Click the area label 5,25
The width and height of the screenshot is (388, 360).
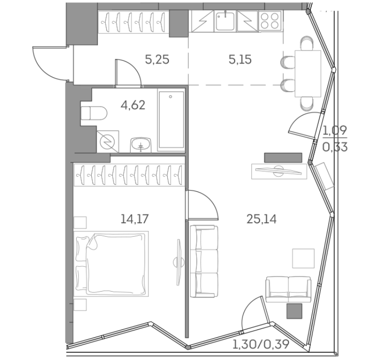[x=157, y=60]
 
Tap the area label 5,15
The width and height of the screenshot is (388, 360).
[x=240, y=60]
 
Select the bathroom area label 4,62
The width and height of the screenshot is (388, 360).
[x=133, y=105]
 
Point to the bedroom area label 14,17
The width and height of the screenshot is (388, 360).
[x=135, y=219]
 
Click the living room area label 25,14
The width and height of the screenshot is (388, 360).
[x=261, y=219]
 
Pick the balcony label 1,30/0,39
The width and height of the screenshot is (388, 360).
[x=261, y=344]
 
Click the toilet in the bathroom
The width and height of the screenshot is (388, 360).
[x=94, y=114]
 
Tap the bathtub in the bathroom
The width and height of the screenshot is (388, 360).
[x=171, y=120]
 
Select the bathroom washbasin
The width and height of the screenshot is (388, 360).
[x=141, y=145]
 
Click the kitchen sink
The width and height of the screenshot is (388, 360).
[x=225, y=21]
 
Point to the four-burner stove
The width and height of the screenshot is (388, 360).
[x=270, y=20]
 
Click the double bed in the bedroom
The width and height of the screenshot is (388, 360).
[x=111, y=264]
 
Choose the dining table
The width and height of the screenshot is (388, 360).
[x=308, y=74]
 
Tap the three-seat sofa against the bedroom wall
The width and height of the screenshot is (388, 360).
[x=204, y=261]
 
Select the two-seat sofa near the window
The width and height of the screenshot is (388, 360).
[x=288, y=290]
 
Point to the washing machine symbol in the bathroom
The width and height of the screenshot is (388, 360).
[x=108, y=142]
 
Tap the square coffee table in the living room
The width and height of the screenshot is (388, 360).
[x=303, y=258]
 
